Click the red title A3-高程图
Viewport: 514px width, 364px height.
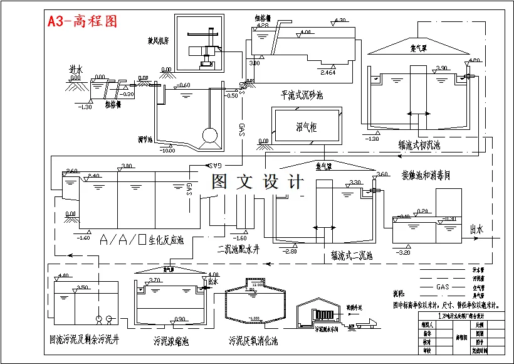(x=82, y=21)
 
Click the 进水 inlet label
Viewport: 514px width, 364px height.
(x=76, y=70)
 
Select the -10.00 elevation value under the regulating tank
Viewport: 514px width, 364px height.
(x=167, y=151)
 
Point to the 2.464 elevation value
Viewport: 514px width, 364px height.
(x=327, y=73)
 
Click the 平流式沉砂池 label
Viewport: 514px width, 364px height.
(x=302, y=95)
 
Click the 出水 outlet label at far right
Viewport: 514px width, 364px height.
(x=476, y=230)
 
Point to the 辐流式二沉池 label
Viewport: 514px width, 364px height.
(x=352, y=256)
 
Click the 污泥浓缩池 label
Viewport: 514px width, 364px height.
(x=170, y=341)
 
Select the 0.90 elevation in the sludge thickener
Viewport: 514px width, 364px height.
(x=179, y=319)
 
